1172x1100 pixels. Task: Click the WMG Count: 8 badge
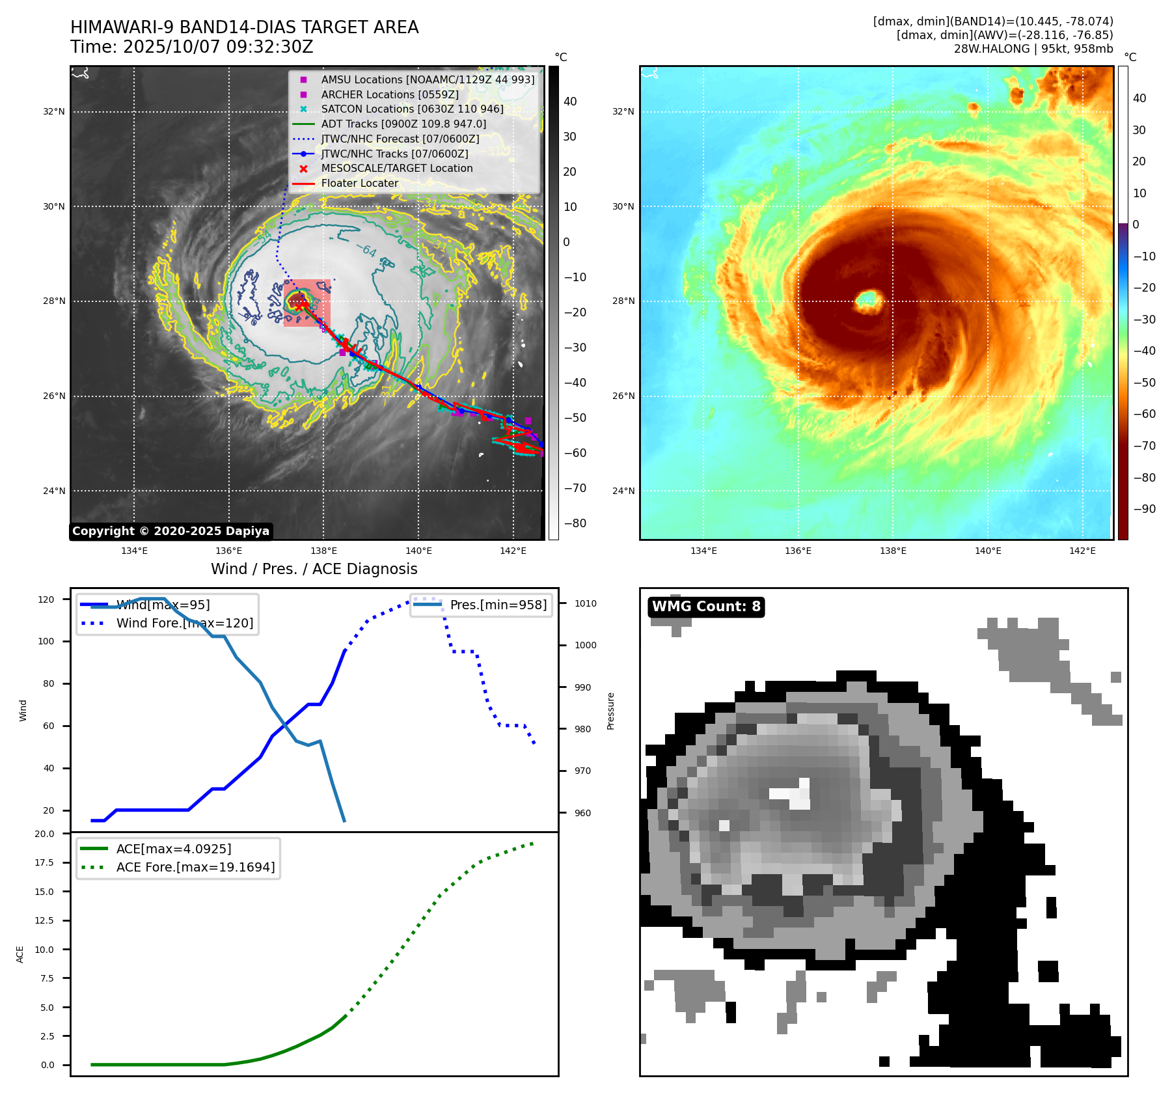click(x=706, y=607)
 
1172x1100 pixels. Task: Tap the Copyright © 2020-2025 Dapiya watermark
click(x=170, y=531)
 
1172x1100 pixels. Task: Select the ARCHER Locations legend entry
click(x=389, y=94)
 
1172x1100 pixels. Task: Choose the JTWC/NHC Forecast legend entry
click(x=400, y=139)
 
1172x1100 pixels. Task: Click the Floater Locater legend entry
click(x=359, y=183)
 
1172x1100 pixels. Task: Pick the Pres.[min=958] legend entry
click(x=498, y=605)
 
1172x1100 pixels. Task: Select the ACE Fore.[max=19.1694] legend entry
click(x=195, y=867)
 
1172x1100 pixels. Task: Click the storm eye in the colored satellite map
click(x=868, y=300)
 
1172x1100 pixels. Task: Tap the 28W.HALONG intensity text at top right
click(x=1033, y=49)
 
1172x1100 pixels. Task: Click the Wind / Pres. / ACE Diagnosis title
click(x=314, y=569)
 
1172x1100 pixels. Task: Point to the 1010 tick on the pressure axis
click(x=585, y=603)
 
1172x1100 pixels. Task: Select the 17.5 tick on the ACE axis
click(x=45, y=862)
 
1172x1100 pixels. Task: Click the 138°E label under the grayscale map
click(x=323, y=551)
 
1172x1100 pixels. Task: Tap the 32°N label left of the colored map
click(x=623, y=111)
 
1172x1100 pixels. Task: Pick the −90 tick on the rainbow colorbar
click(x=1144, y=509)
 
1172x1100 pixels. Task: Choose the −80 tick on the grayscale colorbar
click(x=575, y=523)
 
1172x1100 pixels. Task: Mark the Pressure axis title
click(x=610, y=711)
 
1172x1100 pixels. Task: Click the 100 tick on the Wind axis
click(x=46, y=641)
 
